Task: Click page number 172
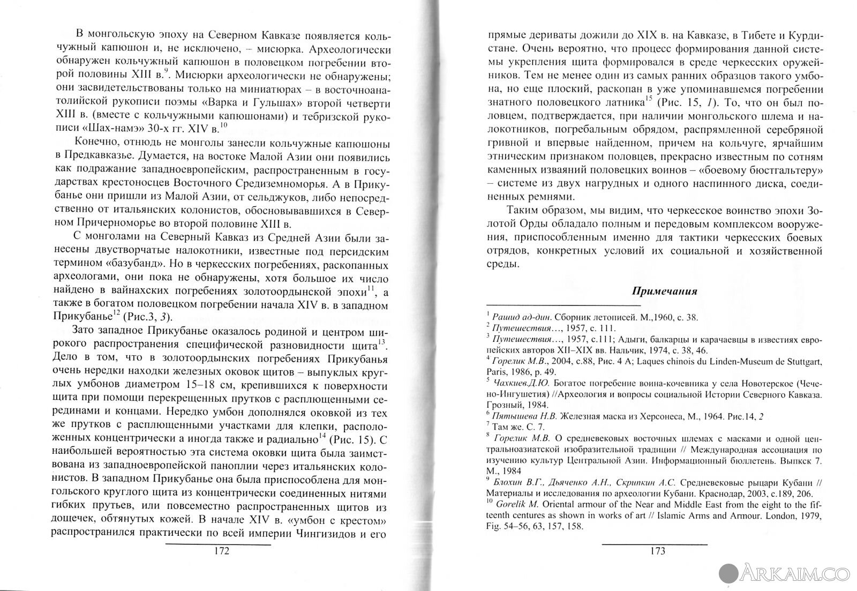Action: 218,552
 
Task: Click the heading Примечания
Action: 664,291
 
